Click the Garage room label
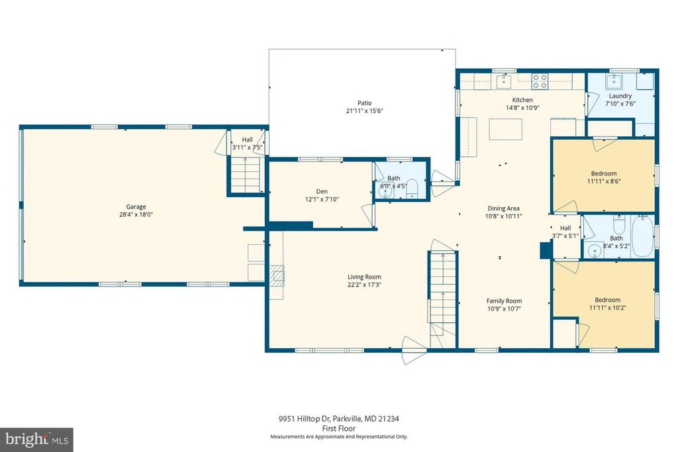point(136,206)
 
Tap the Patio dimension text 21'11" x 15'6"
point(365,111)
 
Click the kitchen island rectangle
point(505,128)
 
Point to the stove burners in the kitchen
point(540,81)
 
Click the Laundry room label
point(620,96)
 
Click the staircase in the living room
point(442,291)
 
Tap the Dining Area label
point(503,208)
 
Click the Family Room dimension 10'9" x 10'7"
point(505,308)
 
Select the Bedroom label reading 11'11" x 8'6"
point(603,181)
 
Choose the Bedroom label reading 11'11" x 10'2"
point(603,307)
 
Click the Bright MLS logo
point(36,439)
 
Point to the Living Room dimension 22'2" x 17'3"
point(365,285)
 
